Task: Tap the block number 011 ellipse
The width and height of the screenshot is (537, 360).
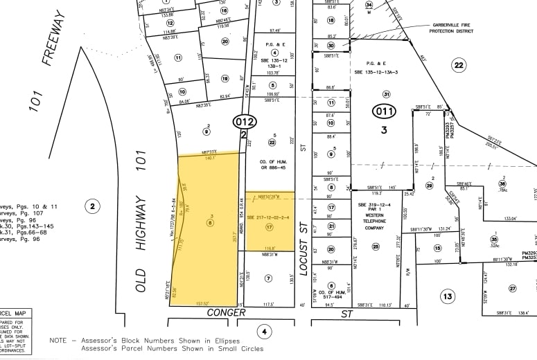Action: click(x=383, y=110)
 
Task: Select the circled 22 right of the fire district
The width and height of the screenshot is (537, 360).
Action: click(x=458, y=65)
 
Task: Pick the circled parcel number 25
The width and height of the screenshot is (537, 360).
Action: click(x=376, y=246)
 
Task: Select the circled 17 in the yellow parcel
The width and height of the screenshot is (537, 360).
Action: click(x=270, y=226)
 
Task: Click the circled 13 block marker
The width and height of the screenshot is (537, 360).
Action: click(x=448, y=296)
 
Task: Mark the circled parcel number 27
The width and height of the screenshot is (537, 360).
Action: click(x=513, y=288)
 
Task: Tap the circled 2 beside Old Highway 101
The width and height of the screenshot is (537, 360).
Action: click(x=91, y=205)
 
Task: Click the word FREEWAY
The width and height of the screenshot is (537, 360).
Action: click(x=54, y=39)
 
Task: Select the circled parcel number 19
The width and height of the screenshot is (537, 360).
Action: click(x=225, y=79)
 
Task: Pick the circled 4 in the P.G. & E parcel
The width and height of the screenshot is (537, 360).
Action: click(x=275, y=52)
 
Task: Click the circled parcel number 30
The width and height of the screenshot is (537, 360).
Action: click(x=331, y=45)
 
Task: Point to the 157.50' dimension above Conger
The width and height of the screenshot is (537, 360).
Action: click(x=202, y=303)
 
